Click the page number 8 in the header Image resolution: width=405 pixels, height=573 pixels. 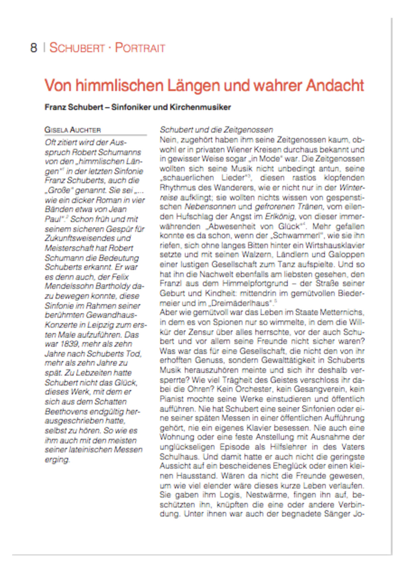point(33,48)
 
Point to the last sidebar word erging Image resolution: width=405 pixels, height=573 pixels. point(57,460)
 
